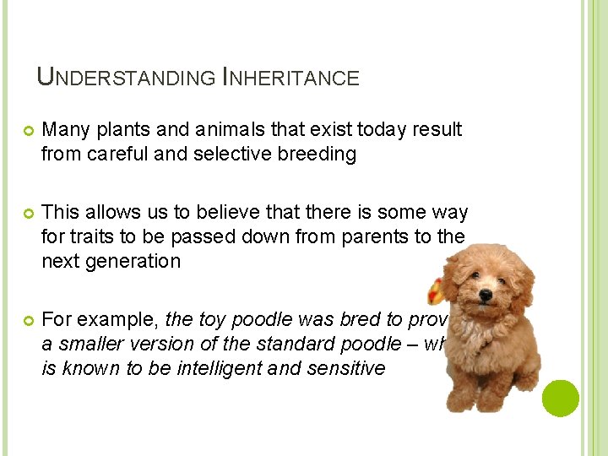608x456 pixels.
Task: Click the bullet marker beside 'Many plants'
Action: pyautogui.click(x=26, y=131)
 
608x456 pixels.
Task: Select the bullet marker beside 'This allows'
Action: pyautogui.click(x=26, y=213)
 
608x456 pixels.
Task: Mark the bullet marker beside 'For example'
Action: pyautogui.click(x=26, y=320)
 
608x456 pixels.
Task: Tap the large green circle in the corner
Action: pyautogui.click(x=560, y=399)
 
